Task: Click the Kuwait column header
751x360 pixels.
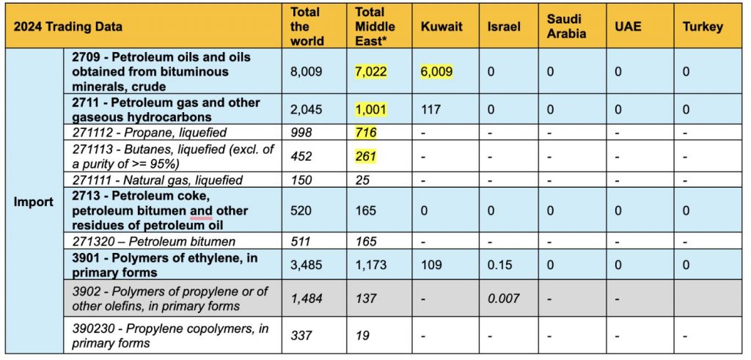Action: tap(442, 26)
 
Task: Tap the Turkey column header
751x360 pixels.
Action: tap(702, 26)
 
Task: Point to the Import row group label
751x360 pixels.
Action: tap(34, 201)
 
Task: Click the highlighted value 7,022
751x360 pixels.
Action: tap(370, 72)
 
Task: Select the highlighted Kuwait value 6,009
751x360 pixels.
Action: tap(436, 72)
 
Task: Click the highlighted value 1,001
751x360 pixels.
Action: tap(370, 110)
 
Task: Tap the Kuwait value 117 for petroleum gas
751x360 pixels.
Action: tap(430, 110)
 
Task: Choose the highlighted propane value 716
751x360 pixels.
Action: tap(366, 132)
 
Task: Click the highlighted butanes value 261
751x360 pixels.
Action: tap(366, 155)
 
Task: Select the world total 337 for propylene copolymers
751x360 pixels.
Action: tap(301, 336)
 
